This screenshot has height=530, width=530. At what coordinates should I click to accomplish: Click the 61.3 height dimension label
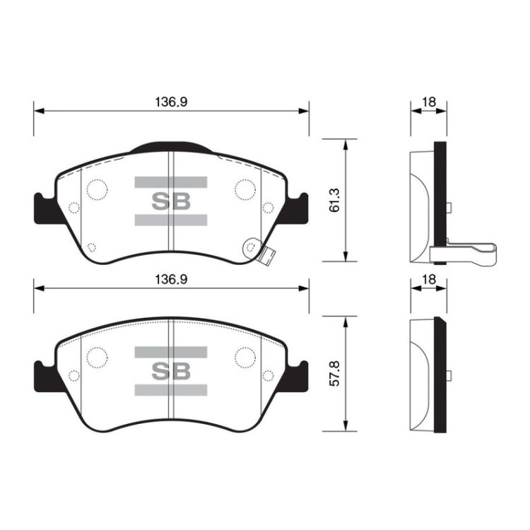(334, 200)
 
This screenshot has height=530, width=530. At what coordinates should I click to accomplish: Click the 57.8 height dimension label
(334, 374)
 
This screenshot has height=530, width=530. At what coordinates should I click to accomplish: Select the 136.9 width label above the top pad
(171, 102)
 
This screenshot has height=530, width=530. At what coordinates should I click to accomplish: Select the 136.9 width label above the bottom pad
(171, 280)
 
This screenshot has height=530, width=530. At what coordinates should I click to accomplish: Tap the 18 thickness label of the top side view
(429, 102)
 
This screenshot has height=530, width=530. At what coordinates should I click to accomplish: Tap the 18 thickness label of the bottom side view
(429, 280)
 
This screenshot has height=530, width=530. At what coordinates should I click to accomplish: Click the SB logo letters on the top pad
(171, 201)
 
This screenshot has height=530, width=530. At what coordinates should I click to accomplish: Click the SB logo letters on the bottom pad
(171, 371)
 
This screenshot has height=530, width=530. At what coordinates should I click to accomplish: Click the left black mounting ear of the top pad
(46, 208)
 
